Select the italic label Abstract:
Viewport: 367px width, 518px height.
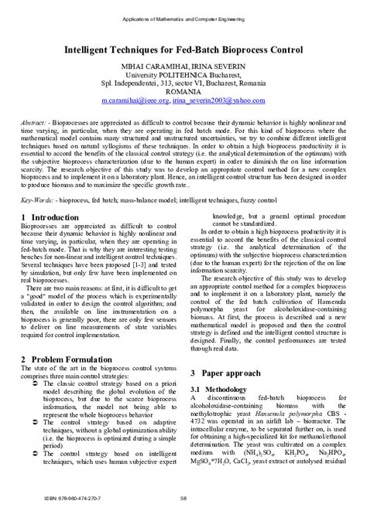tap(33, 123)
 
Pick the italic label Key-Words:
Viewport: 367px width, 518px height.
tap(36, 199)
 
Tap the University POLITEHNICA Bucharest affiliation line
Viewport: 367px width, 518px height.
tap(183, 77)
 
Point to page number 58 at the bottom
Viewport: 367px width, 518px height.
tap(183, 498)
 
